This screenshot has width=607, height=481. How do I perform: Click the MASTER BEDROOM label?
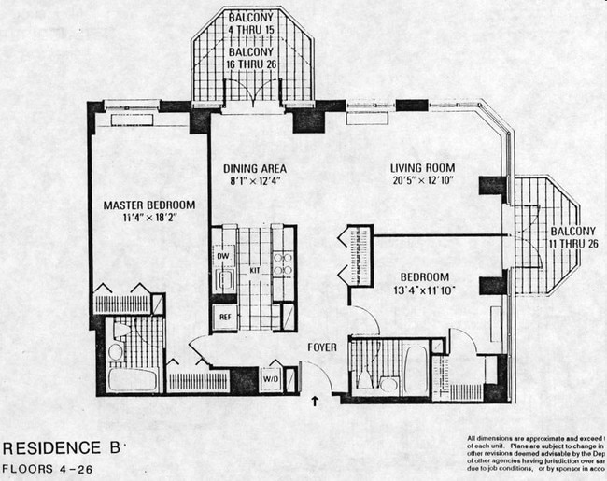coord(149,205)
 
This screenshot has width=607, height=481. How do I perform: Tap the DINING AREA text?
coord(254,169)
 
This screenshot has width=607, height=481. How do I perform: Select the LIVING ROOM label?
coord(421,169)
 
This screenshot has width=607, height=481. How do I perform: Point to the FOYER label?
coord(322,348)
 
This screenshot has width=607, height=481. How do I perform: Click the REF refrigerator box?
coord(224,317)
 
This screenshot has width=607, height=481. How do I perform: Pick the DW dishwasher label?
coord(222,256)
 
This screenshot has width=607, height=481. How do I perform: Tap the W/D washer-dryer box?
coord(271,379)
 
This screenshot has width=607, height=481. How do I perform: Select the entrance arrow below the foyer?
coord(315,403)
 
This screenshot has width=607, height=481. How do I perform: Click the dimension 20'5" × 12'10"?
coord(421,181)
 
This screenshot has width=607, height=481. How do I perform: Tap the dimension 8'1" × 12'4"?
coord(254,181)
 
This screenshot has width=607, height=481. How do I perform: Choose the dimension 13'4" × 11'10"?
coord(425,290)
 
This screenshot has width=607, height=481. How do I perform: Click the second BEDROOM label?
coord(425,277)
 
